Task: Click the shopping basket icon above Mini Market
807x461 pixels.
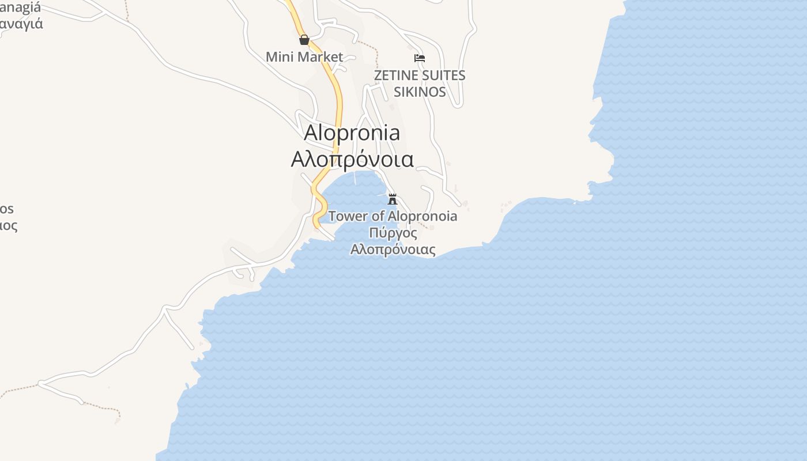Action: [x=304, y=40]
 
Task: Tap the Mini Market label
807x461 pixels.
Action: [x=304, y=57]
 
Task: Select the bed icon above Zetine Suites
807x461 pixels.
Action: [x=420, y=58]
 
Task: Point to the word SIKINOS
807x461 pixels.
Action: [x=420, y=92]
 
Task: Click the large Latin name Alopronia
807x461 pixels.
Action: [x=352, y=133]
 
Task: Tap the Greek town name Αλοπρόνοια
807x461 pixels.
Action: [x=352, y=159]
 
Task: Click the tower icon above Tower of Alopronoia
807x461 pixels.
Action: [x=393, y=199]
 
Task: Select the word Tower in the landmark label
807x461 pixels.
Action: [x=348, y=216]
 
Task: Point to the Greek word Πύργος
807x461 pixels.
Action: [x=393, y=233]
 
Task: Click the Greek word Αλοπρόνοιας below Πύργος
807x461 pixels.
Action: [x=393, y=250]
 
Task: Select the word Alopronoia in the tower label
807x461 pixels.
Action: [x=423, y=216]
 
